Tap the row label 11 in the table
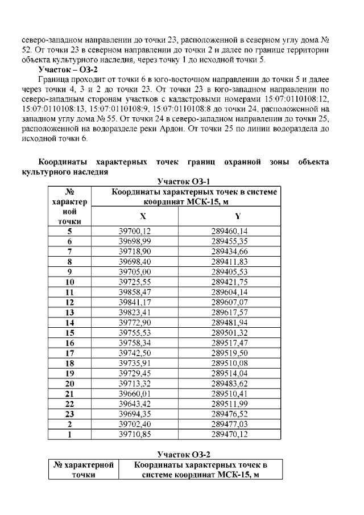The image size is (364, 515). pyautogui.click(x=70, y=292)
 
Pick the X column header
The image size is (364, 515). pyautogui.click(x=143, y=216)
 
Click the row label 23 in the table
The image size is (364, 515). pyautogui.click(x=70, y=414)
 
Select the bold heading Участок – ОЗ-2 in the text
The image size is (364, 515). pyautogui.click(x=69, y=69)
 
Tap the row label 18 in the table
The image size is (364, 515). pyautogui.click(x=70, y=363)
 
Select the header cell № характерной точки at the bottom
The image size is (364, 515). pyautogui.click(x=83, y=470)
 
